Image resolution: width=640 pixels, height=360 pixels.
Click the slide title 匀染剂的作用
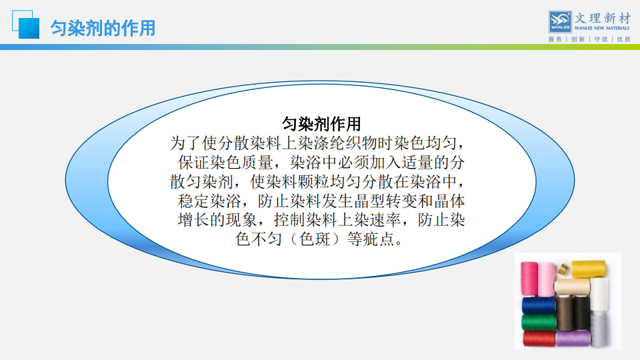(103, 28)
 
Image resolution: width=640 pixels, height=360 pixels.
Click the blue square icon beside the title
(26, 25)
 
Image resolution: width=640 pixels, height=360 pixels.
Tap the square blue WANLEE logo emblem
(560, 22)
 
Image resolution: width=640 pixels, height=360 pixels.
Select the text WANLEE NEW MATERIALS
(602, 28)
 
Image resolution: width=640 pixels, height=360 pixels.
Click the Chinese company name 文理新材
(603, 18)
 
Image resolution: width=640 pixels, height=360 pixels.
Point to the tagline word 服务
(555, 39)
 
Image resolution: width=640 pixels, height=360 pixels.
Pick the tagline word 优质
(624, 39)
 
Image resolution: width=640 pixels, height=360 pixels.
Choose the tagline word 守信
(601, 39)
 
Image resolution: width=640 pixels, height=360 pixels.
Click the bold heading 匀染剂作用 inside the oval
(321, 124)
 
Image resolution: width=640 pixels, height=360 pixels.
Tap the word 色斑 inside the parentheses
(314, 239)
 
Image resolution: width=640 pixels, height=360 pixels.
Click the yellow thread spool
(589, 269)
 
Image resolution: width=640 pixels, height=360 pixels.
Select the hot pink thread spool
(529, 279)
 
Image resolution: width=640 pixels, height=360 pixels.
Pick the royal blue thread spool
(539, 305)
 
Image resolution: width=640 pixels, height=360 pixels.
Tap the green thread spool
(539, 322)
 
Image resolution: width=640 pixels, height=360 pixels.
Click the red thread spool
(539, 339)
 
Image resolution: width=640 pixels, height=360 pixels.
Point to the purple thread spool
(573, 339)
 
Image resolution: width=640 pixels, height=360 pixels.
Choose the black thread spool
(581, 313)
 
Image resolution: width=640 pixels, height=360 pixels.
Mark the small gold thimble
(563, 269)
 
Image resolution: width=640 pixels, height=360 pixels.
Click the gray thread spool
(599, 330)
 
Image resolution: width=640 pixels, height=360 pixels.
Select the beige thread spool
(572, 287)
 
